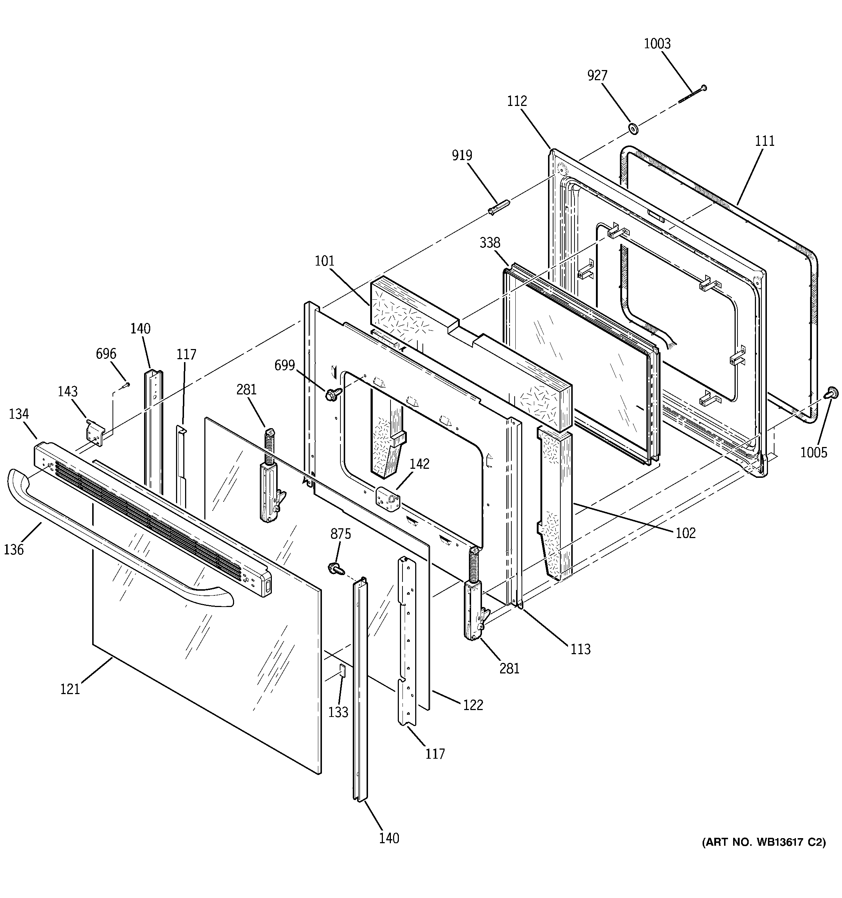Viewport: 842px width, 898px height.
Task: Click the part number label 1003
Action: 657,44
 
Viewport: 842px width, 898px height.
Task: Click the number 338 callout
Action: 490,243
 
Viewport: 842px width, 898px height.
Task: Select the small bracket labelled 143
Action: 96,432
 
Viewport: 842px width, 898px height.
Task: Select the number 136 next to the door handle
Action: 14,549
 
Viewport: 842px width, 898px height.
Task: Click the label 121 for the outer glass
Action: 70,689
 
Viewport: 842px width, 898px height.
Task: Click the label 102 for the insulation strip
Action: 686,533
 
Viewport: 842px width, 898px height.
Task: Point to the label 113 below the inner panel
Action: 580,649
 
